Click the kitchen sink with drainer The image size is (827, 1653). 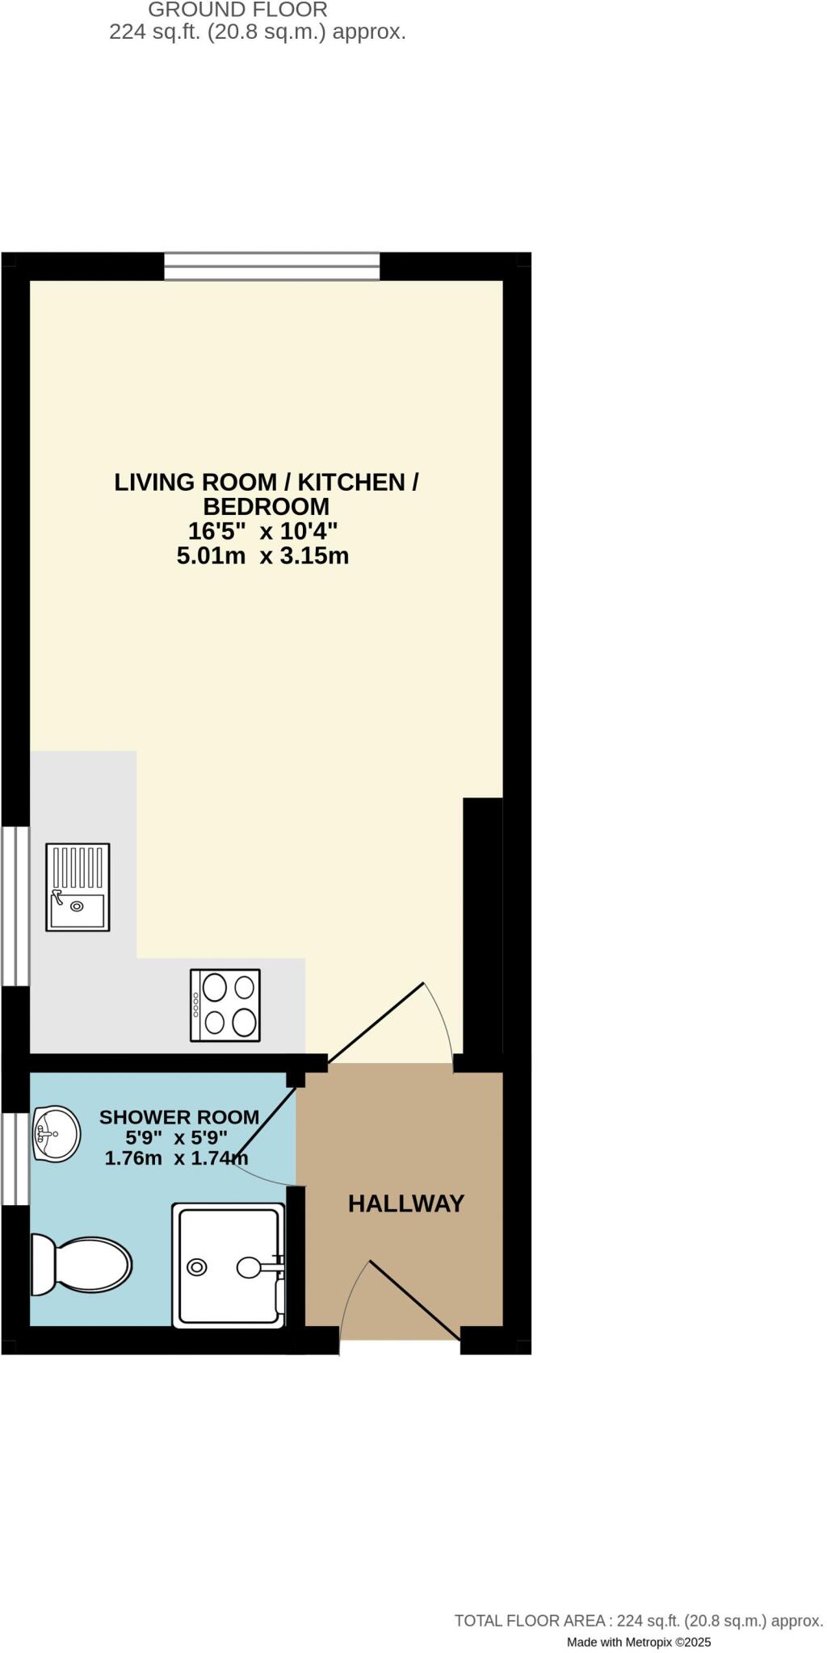pos(78,887)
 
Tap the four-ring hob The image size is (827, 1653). pos(225,1005)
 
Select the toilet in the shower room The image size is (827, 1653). pos(81,1265)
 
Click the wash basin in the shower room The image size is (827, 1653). pos(56,1134)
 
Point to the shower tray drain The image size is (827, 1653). pos(196,1267)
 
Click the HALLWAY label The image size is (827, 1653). pos(406,1203)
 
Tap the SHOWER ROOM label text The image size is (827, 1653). pos(179,1117)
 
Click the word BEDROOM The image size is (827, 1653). pos(266,506)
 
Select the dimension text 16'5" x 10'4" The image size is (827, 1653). pos(262,531)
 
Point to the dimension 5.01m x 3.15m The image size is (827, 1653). pos(262,556)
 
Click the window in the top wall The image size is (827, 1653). pos(272,266)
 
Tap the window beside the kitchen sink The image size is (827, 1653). pos(15,906)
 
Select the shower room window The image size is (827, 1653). pos(15,1160)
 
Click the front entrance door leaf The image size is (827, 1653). pos(414,1300)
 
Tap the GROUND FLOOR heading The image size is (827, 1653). pos(237,10)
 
